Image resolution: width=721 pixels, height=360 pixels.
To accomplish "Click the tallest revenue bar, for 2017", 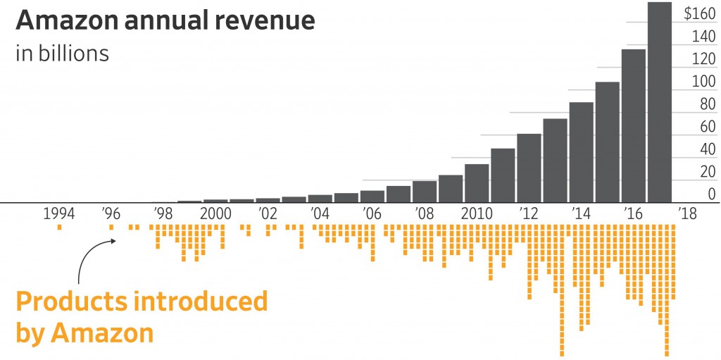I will click(659, 102).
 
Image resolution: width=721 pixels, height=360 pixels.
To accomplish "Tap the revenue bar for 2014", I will click(581, 151).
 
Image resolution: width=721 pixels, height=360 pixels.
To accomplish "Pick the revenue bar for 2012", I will click(529, 168).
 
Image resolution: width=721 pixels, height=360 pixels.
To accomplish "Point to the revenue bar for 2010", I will click(477, 183).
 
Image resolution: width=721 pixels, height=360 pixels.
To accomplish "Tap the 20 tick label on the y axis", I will click(706, 171).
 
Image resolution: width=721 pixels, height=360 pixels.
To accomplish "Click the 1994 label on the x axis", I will click(59, 213).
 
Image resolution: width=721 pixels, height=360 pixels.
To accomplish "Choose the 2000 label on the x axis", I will click(215, 213).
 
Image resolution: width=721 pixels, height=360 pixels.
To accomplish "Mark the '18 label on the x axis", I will click(686, 213).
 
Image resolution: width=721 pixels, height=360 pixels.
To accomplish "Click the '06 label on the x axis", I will click(372, 213).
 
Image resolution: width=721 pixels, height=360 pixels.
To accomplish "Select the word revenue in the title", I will click(268, 21).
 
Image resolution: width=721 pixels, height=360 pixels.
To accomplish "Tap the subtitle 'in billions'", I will click(62, 54).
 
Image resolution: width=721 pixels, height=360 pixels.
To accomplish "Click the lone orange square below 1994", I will click(60, 227).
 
